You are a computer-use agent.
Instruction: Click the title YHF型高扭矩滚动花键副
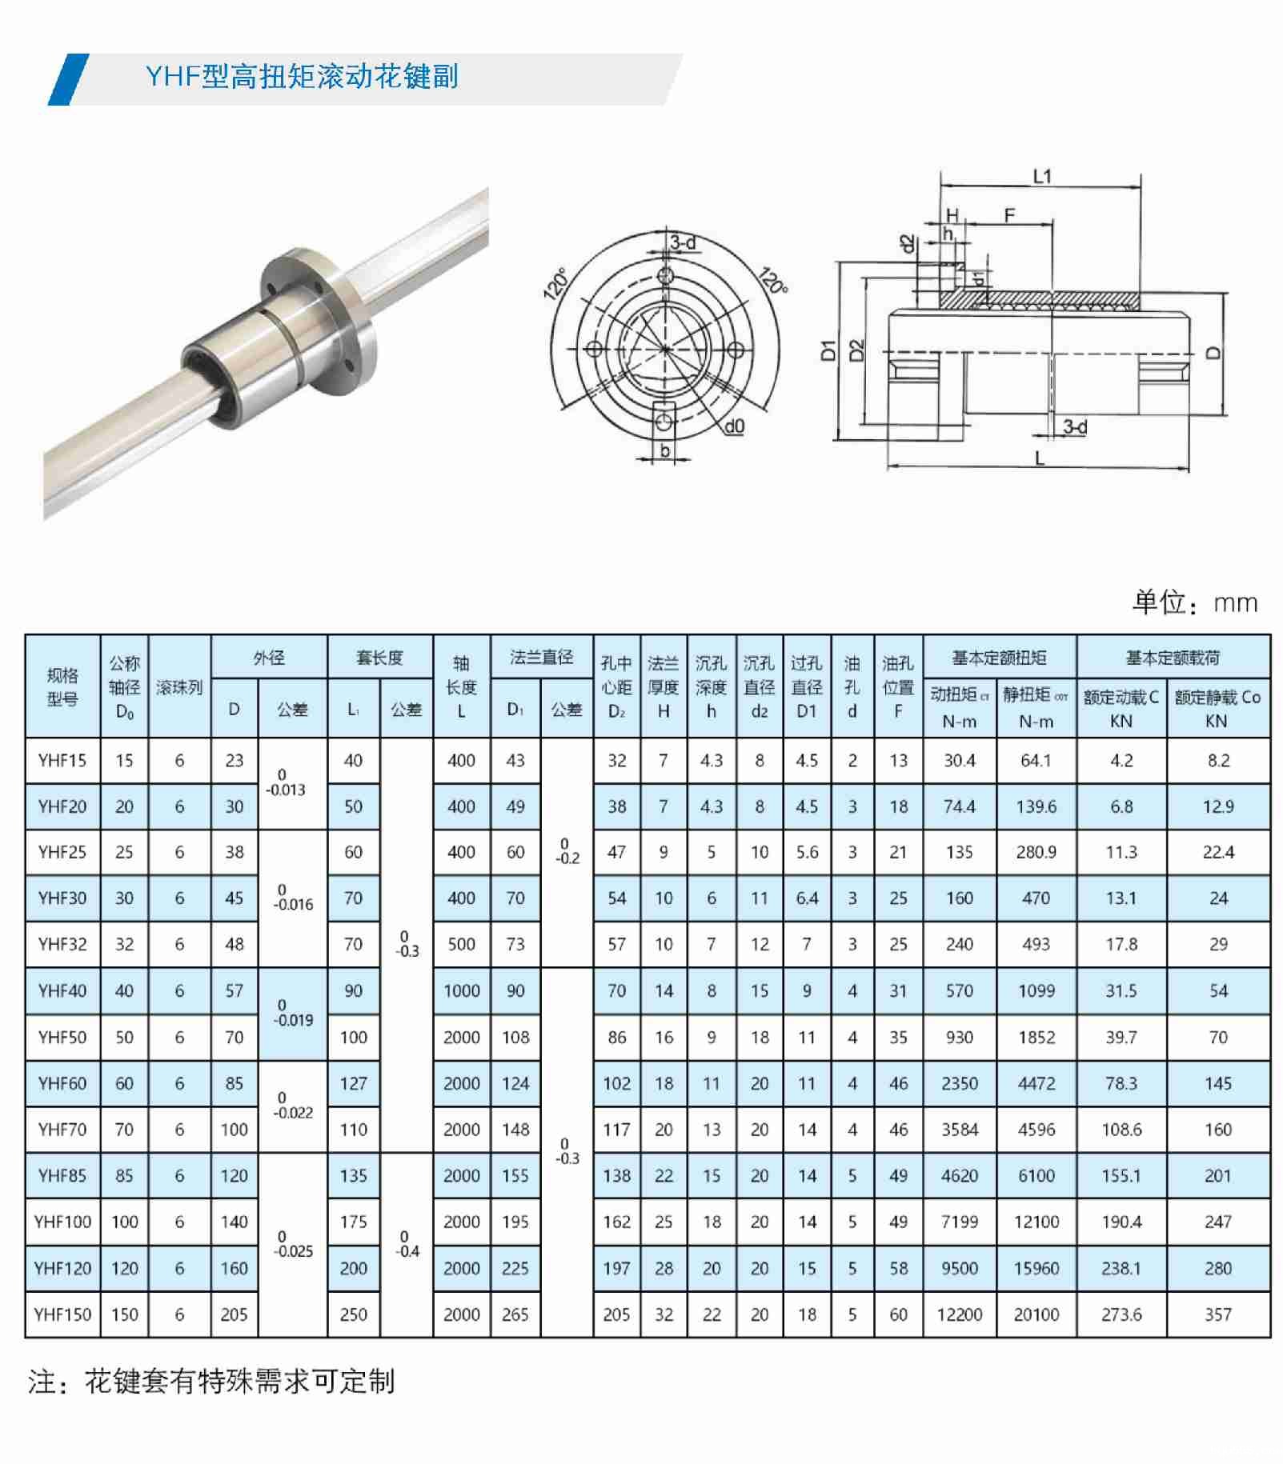302,77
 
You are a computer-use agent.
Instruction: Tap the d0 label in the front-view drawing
734,427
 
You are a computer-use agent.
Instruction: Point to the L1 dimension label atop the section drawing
1041,176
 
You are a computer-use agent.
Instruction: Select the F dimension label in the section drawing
1009,214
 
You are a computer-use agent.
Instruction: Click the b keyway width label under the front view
664,451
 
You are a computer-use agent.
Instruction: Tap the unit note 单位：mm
1194,602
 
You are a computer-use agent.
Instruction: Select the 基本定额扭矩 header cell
1000,658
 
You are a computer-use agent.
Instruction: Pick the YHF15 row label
62,761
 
